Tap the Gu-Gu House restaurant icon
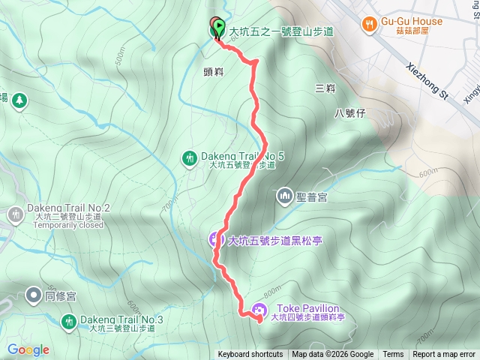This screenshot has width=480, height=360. point(368,25)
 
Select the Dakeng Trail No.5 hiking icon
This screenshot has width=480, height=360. point(189,157)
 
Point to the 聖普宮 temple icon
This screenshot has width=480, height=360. point(284,196)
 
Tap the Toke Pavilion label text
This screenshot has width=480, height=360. point(308,308)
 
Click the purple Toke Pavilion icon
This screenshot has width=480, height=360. point(259,309)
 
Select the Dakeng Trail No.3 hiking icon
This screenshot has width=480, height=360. point(68,321)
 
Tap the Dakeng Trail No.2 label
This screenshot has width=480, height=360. point(68,208)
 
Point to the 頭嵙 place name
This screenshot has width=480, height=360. point(214,72)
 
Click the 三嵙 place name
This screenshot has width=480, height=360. point(325,88)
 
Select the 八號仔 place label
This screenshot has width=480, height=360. point(349,113)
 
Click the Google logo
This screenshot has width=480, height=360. point(28,349)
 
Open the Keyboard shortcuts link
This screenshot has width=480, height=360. point(250,355)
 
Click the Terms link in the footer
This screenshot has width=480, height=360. point(393,355)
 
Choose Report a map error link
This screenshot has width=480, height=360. point(444,355)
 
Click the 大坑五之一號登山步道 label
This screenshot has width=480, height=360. point(280,31)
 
